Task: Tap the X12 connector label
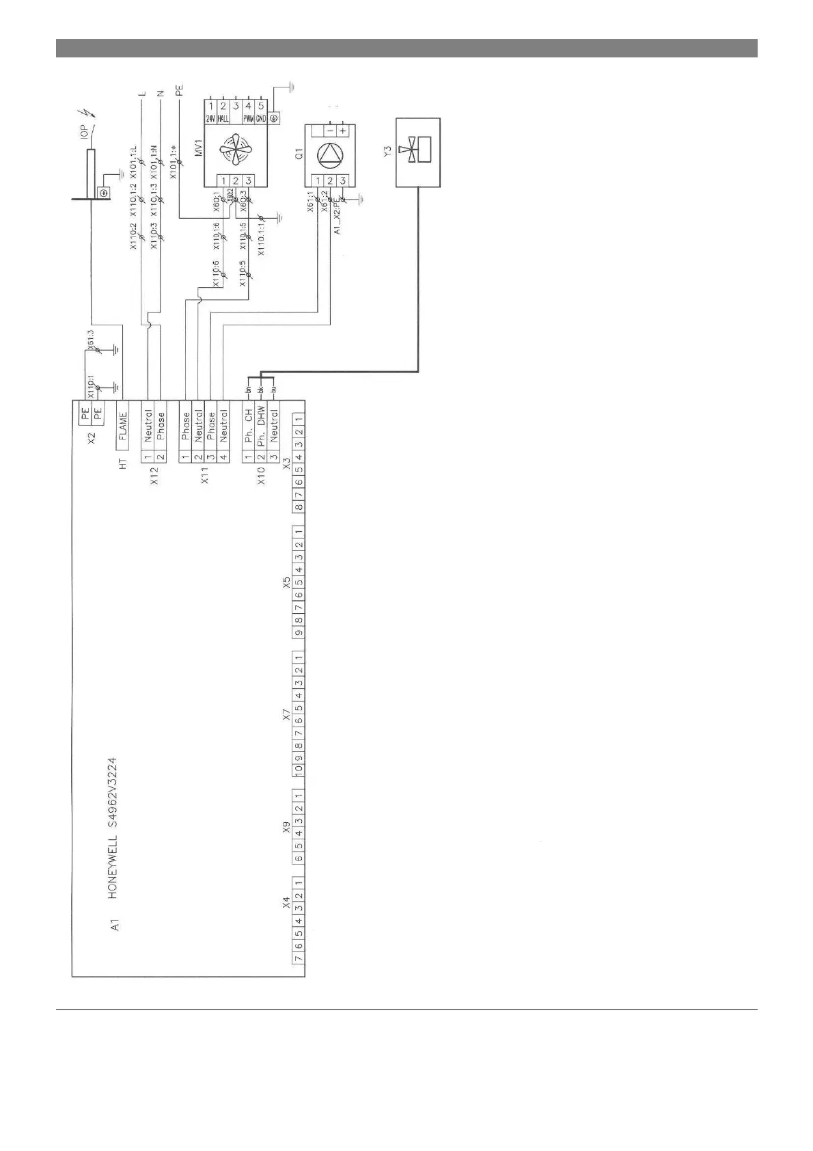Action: (x=154, y=476)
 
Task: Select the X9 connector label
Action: (x=287, y=829)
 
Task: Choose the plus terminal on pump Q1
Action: (x=342, y=130)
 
